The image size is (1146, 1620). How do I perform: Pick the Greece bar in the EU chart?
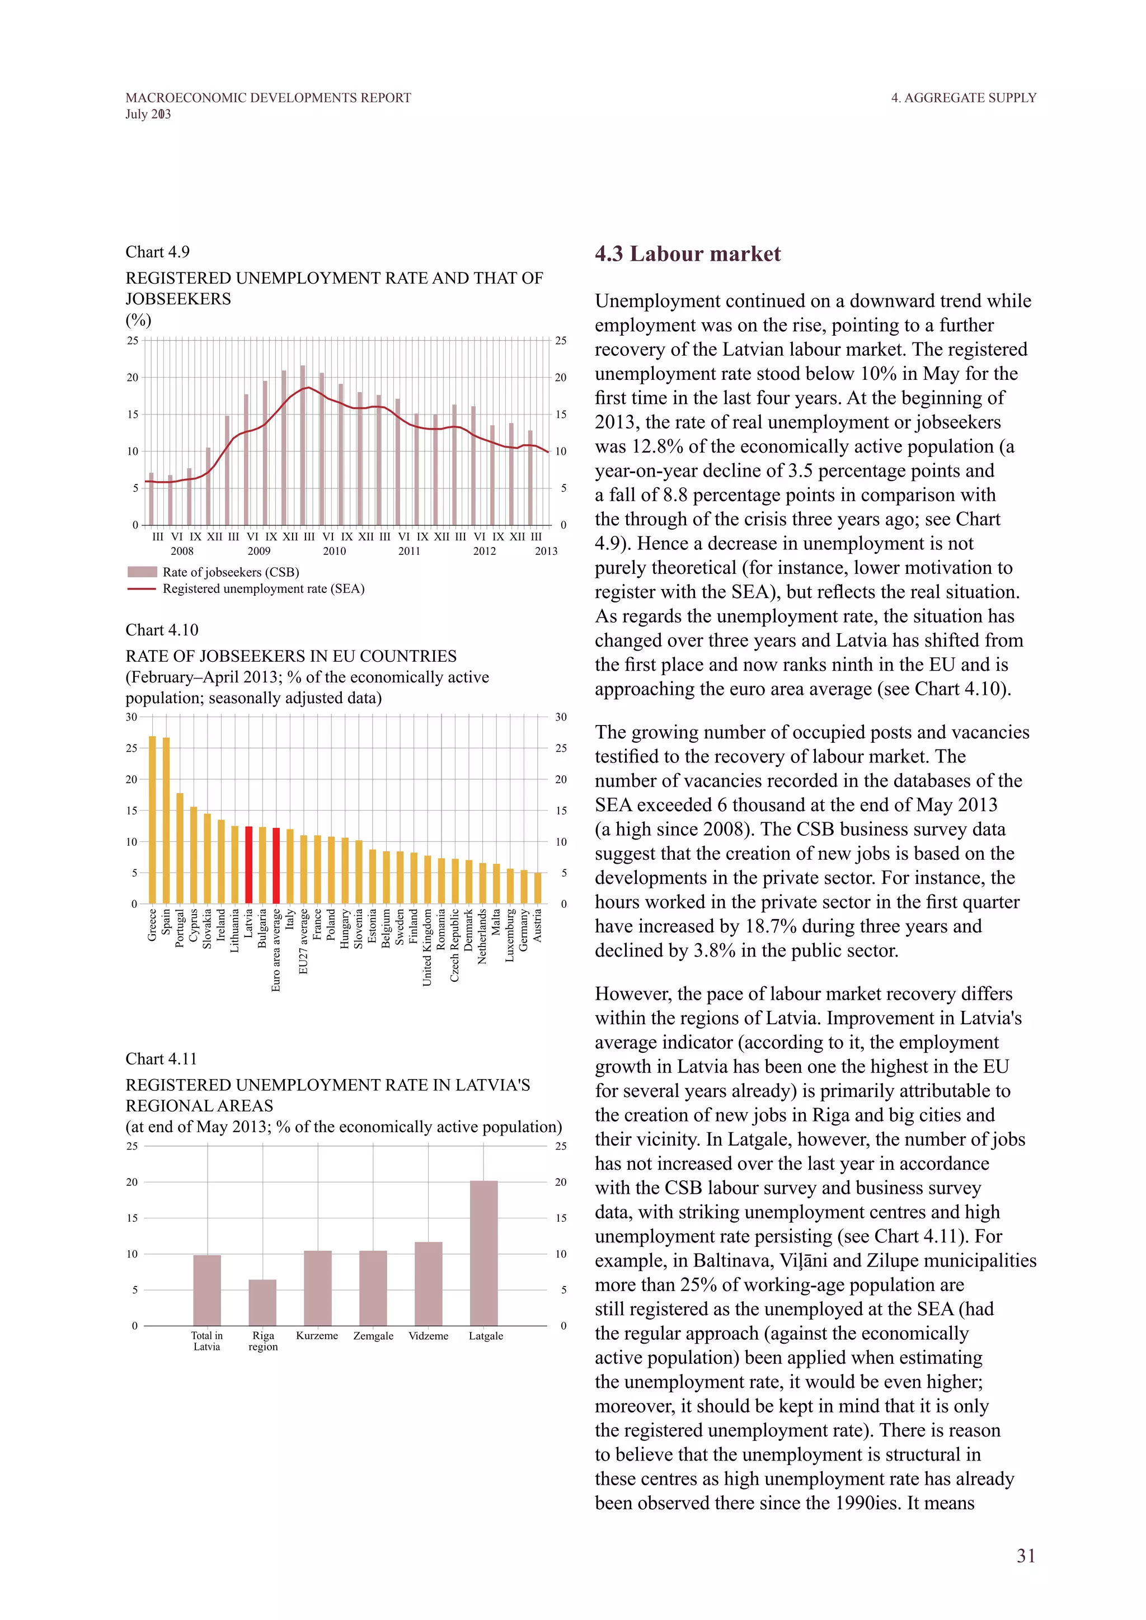152,820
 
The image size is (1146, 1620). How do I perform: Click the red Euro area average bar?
276,866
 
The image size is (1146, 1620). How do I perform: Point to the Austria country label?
538,925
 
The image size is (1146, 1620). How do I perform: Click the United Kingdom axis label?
427,947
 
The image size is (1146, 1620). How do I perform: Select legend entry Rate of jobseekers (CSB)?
231,572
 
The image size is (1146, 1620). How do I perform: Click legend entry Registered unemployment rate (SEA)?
263,588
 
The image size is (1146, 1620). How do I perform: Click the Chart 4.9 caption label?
157,252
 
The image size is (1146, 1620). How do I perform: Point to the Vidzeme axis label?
428,1336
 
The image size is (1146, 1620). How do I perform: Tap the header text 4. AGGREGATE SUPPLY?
963,97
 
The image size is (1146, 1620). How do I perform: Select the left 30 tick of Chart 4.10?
132,717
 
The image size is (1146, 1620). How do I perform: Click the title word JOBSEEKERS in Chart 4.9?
178,299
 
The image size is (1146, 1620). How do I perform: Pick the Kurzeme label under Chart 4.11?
317,1336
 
